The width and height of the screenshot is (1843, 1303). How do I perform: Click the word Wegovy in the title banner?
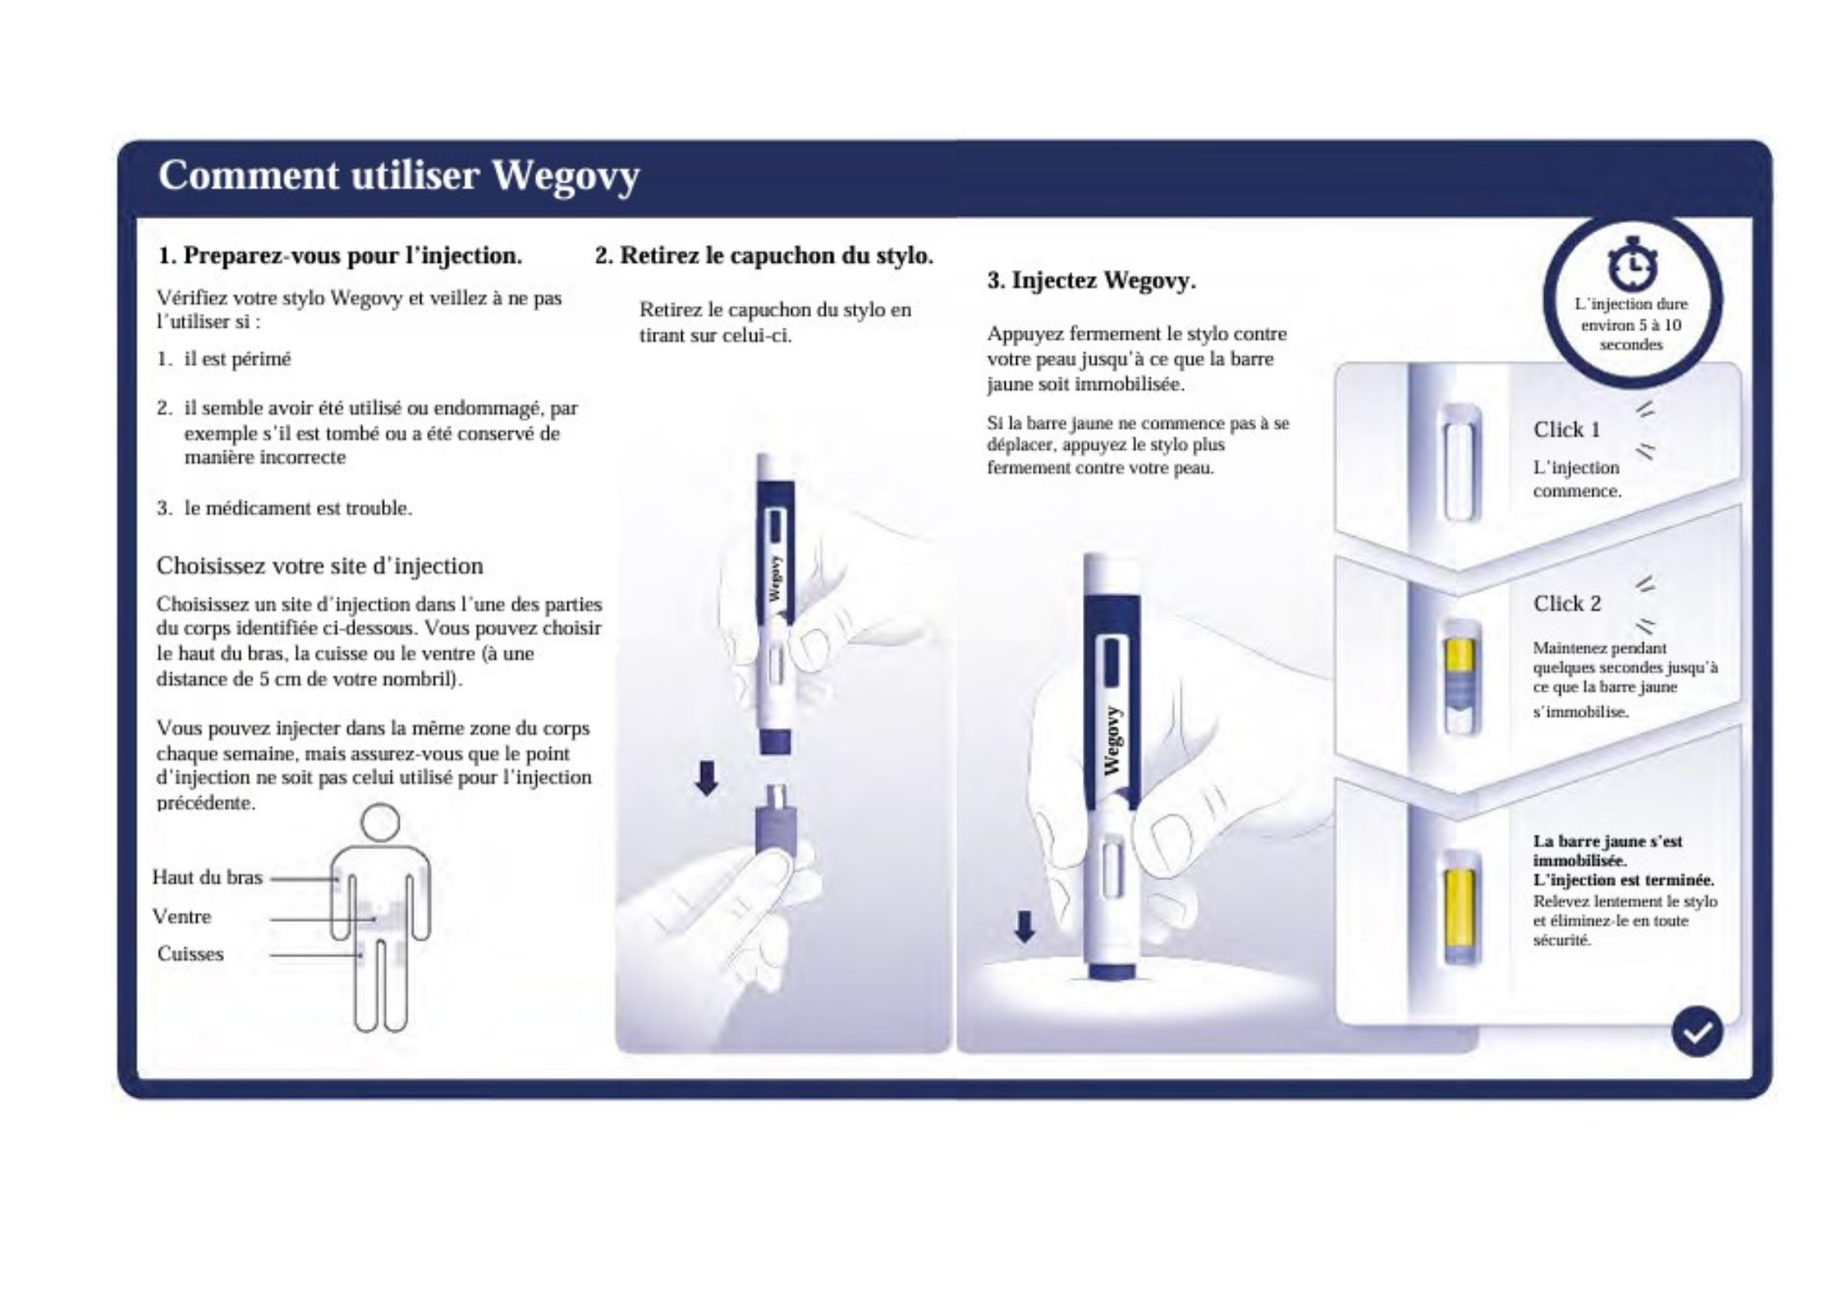click(565, 176)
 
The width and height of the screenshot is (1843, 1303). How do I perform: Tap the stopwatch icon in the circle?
click(1630, 264)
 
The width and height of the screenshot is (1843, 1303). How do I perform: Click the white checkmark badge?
click(1696, 1031)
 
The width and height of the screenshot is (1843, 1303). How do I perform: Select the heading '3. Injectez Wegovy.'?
click(1091, 281)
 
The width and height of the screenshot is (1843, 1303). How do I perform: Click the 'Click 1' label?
click(1566, 429)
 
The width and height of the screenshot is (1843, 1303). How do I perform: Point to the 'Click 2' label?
click(1566, 603)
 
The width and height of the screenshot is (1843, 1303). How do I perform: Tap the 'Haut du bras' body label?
click(207, 878)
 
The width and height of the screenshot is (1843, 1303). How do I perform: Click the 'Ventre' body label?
click(181, 916)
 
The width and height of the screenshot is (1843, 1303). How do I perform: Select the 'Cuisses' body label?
click(190, 954)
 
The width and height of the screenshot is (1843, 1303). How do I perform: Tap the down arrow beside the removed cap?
click(706, 778)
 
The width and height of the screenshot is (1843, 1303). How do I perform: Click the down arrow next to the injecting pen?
click(1025, 926)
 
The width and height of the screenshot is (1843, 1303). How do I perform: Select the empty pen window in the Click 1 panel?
click(1460, 464)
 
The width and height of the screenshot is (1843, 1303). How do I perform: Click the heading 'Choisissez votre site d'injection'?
click(319, 566)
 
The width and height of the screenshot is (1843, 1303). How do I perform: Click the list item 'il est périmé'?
click(237, 360)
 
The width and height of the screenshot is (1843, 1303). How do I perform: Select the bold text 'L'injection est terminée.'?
click(1623, 879)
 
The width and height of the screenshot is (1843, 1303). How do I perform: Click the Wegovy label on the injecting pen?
click(1112, 741)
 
